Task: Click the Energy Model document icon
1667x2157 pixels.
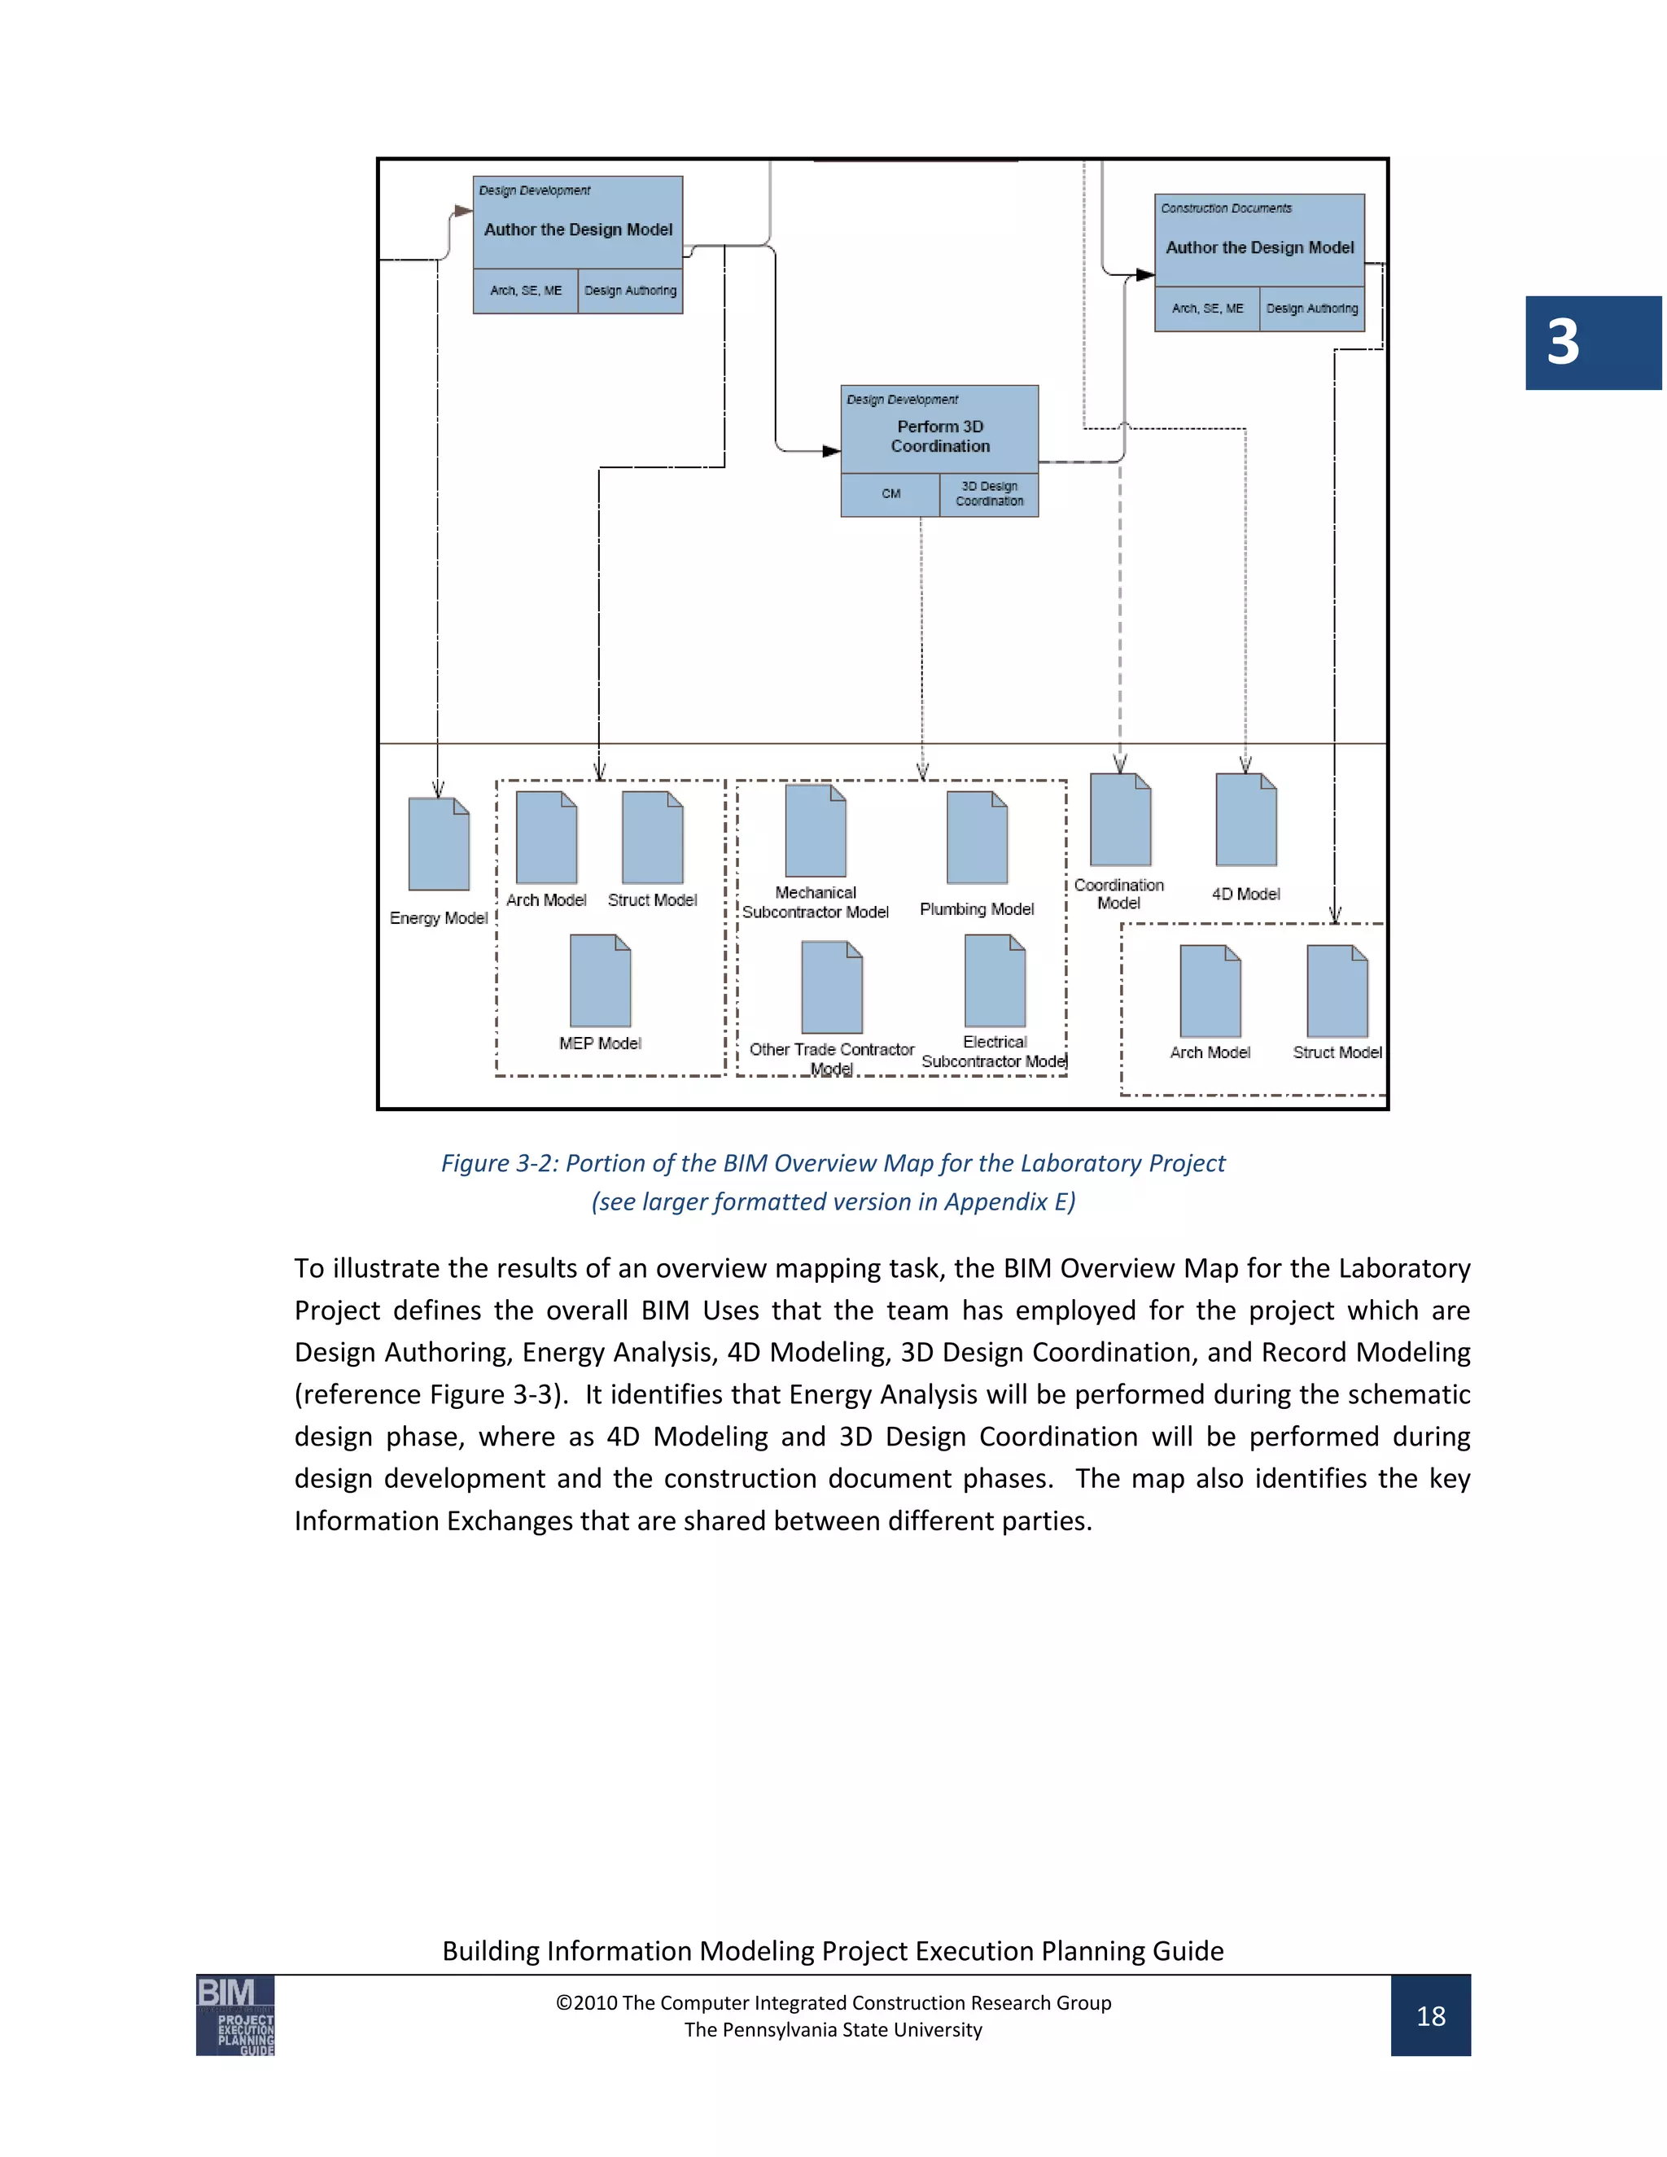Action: (439, 844)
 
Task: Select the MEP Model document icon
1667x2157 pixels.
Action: (599, 981)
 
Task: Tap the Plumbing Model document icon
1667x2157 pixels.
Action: (977, 838)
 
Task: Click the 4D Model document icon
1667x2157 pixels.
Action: (1245, 820)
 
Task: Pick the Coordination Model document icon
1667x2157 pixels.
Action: (1120, 820)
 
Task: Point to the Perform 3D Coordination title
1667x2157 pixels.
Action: (940, 435)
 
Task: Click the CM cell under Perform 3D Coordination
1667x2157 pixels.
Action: (890, 494)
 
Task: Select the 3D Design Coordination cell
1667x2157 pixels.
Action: (990, 494)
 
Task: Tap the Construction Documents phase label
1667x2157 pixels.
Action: (1226, 208)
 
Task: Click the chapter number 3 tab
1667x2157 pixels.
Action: (1591, 343)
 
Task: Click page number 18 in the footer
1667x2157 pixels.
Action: (1430, 2015)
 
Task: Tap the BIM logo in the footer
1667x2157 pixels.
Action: (235, 2015)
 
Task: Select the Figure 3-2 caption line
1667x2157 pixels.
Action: (833, 1163)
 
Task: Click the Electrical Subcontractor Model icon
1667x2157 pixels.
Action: (995, 981)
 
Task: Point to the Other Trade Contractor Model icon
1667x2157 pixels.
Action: (832, 987)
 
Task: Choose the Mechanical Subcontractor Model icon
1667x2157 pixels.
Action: (816, 830)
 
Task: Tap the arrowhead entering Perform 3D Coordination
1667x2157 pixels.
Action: (832, 452)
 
